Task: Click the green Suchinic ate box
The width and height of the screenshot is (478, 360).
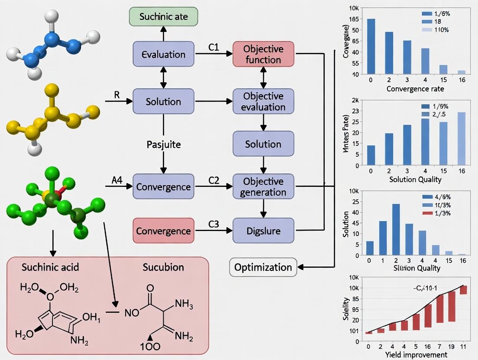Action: (163, 17)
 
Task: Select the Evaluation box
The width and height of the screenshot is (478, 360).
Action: (163, 54)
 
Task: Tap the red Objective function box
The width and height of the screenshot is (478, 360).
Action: (263, 54)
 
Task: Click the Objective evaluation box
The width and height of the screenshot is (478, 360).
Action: (263, 101)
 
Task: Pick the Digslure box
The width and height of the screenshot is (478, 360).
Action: (263, 231)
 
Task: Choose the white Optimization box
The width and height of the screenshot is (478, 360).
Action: (263, 267)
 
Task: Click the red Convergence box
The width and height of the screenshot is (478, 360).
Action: (163, 231)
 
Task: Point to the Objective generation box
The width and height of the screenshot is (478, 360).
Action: (263, 186)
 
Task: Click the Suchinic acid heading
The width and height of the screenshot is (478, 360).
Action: (50, 267)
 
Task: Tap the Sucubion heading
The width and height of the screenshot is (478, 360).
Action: (163, 267)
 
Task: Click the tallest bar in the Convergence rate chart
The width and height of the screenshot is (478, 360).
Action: (371, 46)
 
